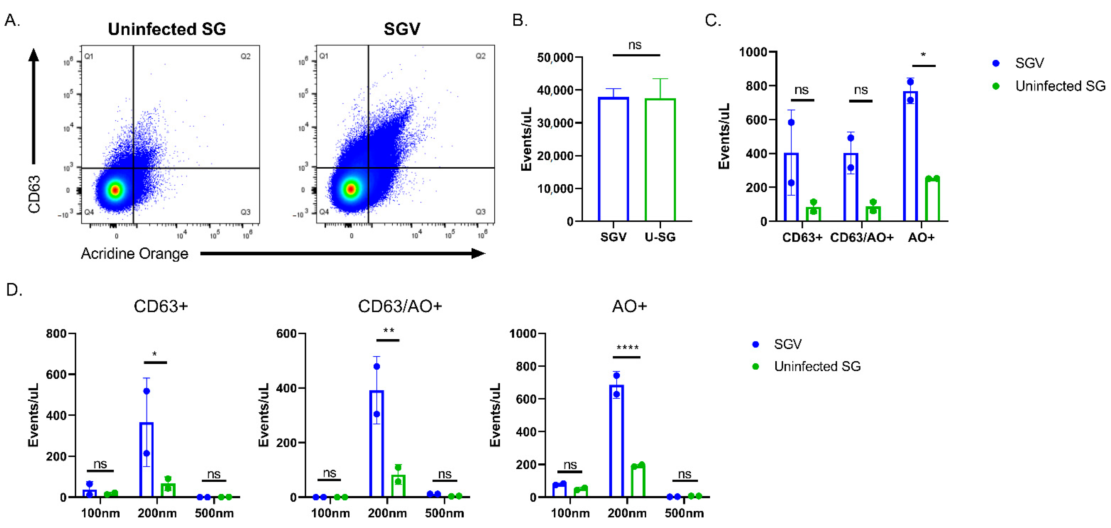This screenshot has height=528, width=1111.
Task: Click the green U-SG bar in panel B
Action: [660, 160]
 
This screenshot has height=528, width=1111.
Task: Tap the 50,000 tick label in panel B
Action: [555, 57]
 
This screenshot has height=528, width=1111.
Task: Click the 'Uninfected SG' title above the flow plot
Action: [167, 29]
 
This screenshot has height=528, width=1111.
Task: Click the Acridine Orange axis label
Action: [134, 254]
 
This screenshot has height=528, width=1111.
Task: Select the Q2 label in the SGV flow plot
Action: [480, 56]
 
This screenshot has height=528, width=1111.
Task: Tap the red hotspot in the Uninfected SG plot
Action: [115, 190]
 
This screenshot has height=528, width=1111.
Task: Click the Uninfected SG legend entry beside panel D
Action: [816, 366]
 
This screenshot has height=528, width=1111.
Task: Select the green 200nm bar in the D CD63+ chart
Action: [168, 490]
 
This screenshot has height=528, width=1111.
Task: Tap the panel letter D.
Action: [14, 290]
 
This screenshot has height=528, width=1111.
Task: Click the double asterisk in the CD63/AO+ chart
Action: [388, 331]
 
